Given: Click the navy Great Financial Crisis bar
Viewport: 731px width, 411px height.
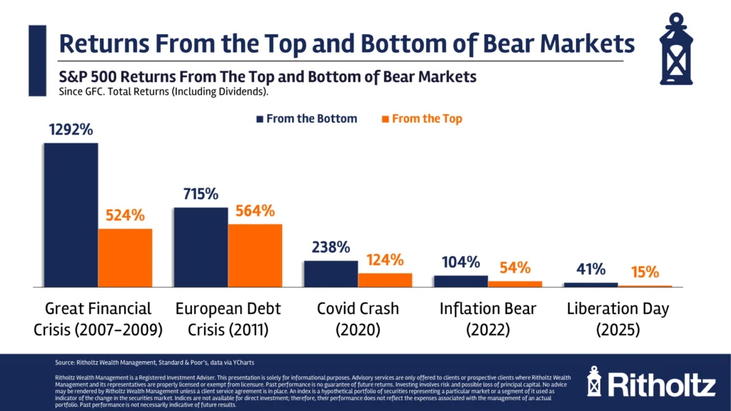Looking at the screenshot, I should point(71,214).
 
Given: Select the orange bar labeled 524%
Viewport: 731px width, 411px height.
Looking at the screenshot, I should point(125,258).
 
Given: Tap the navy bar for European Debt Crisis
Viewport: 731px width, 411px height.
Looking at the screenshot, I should point(201,247).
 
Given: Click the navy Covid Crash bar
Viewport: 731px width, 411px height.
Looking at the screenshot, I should point(331,273).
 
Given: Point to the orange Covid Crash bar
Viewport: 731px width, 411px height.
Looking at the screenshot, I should point(385,280).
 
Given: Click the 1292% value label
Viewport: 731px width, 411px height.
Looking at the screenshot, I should point(71,130).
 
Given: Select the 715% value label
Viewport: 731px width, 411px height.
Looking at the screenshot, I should point(201,194).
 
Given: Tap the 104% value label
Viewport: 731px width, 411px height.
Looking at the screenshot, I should point(460,262).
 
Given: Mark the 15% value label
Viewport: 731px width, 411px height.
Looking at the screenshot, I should point(645,272).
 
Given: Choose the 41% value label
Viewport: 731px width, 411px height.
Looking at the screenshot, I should point(591,269).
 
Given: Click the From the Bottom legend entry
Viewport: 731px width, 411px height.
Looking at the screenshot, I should point(307,118).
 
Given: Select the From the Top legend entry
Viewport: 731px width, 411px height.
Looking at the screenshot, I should point(422,118).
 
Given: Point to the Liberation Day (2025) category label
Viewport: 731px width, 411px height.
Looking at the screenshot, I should point(619,319).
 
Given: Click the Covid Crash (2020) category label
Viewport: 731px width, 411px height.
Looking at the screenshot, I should point(358,319).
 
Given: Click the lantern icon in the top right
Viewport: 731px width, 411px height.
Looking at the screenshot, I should point(675,48).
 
